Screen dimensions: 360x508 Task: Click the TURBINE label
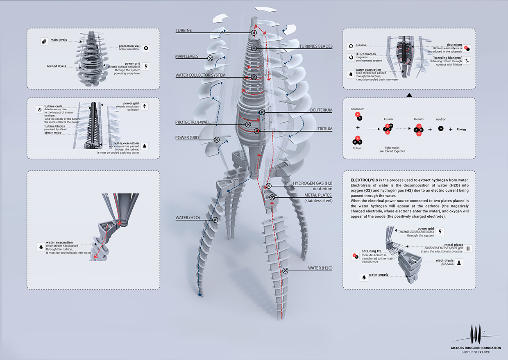pos(184,31)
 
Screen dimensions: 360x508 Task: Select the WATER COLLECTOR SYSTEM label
pos(200,75)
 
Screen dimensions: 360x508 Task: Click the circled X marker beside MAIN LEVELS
pos(210,59)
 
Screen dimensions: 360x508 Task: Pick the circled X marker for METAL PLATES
pos(272,198)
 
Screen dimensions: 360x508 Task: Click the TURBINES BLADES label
pos(315,46)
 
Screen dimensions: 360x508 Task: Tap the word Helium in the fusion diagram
pos(419,119)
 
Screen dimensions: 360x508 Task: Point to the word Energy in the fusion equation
pos(462,129)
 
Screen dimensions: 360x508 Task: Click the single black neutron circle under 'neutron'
pos(441,129)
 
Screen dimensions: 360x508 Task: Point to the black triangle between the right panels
pos(408,96)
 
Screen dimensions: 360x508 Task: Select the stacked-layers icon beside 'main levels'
pos(43,41)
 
